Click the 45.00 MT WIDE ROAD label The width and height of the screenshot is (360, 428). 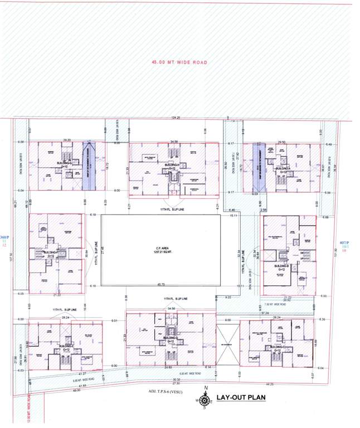pos(179,63)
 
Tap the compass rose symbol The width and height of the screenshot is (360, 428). pos(206,400)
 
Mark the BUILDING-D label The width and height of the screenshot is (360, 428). pos(170,339)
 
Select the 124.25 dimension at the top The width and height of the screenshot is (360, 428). pos(176,118)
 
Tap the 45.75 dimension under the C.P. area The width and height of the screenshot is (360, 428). pos(160,285)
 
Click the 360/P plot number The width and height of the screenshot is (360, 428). pos(5,237)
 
